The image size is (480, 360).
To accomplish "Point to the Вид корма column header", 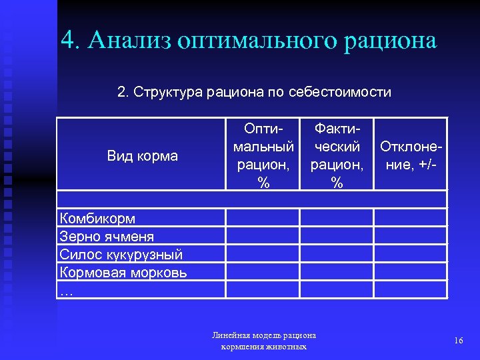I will pyautogui.click(x=142, y=156).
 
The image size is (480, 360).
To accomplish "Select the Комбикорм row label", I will pyautogui.click(x=97, y=218).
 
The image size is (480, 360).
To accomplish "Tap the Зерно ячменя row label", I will pyautogui.click(x=107, y=236).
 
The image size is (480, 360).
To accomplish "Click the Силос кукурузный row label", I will pyautogui.click(x=121, y=254).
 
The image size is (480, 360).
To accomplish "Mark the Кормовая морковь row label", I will pyautogui.click(x=123, y=272).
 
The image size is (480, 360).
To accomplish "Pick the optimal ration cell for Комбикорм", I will pyautogui.click(x=263, y=218).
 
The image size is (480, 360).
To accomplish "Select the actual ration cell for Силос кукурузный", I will pyautogui.click(x=336, y=254).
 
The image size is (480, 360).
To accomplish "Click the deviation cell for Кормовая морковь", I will pyautogui.click(x=410, y=272).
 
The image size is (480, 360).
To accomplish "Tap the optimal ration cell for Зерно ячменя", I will pyautogui.click(x=263, y=236).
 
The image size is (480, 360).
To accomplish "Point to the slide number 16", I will pyautogui.click(x=458, y=341).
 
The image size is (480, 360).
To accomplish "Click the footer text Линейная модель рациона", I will pyautogui.click(x=263, y=335).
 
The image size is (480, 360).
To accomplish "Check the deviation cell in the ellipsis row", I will pyautogui.click(x=410, y=289).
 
